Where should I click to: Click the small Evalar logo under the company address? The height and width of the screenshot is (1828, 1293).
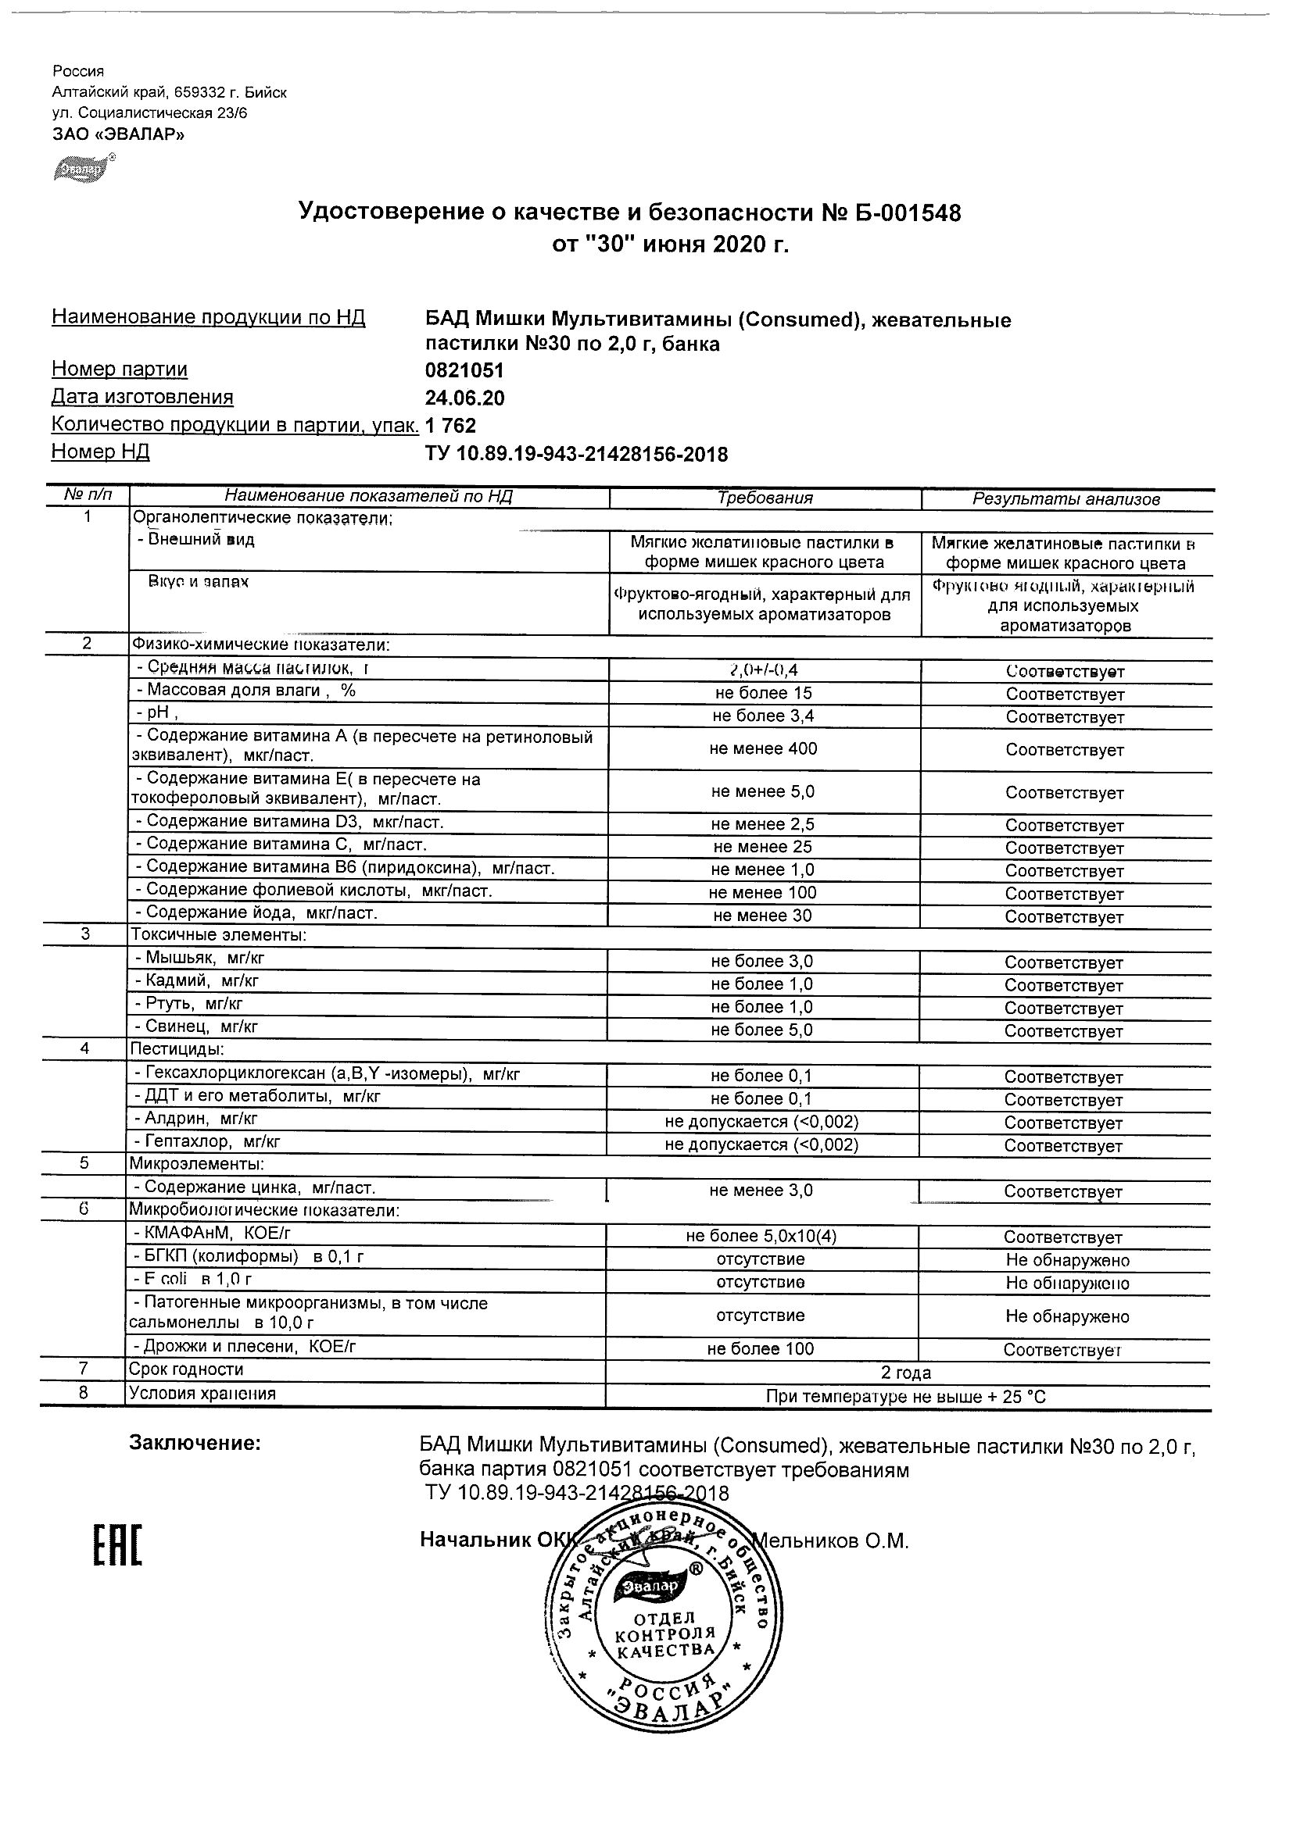[84, 168]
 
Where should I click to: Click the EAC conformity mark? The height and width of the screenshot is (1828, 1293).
[118, 1545]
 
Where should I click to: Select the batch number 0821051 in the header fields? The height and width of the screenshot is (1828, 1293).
[464, 370]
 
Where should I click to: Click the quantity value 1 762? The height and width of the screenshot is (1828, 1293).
[451, 426]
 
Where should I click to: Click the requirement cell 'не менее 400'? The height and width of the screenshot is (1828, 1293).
[762, 748]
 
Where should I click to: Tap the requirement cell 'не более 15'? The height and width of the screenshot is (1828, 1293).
[762, 693]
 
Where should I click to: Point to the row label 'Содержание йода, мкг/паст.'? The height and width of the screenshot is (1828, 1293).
[255, 913]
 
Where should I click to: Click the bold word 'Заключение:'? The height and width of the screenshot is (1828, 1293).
[195, 1443]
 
